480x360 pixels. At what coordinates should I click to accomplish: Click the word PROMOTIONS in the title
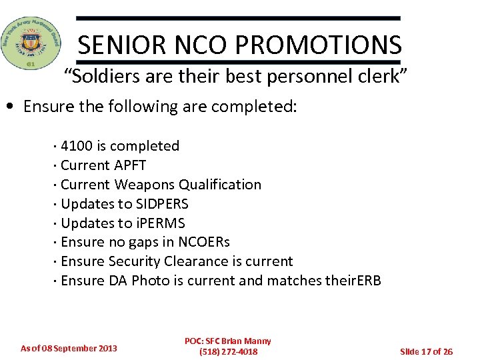point(319,45)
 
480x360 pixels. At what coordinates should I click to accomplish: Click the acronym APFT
point(130,165)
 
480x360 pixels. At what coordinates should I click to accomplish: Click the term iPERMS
point(161,223)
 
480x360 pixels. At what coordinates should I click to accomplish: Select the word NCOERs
point(203,242)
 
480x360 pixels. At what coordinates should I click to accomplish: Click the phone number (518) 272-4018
point(228,351)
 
